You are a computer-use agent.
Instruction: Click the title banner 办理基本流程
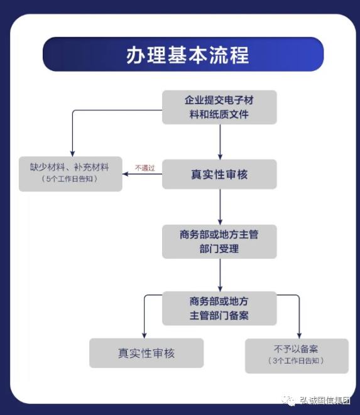point(183,55)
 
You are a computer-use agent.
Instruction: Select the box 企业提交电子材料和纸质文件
point(219,107)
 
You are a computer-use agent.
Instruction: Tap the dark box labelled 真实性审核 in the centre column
point(219,175)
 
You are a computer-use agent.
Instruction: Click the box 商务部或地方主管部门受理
point(219,242)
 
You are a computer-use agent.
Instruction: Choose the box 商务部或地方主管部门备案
point(219,308)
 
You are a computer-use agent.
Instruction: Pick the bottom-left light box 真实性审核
point(146,353)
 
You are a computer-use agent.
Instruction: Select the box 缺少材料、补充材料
point(70,173)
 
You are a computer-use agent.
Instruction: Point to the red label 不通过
point(145,168)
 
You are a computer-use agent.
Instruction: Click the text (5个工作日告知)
point(70,180)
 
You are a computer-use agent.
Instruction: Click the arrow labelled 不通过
point(142,174)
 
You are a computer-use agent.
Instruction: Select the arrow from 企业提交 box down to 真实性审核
point(220,141)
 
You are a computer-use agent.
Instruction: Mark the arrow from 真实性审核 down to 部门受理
point(220,207)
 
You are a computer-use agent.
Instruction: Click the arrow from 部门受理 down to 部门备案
point(220,274)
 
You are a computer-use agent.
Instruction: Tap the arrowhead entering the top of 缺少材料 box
point(72,153)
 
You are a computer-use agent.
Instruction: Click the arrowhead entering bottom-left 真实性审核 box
point(145,335)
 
